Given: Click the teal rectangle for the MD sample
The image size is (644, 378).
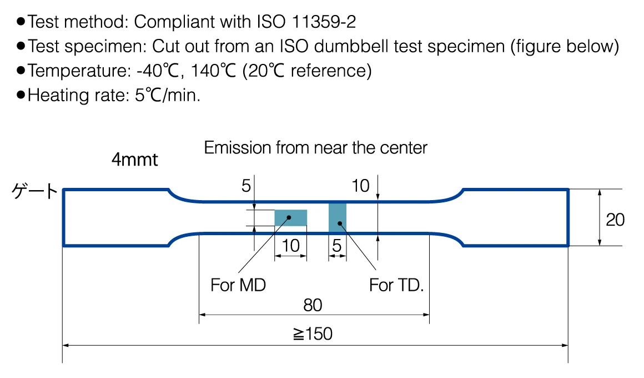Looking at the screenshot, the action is click(291, 217).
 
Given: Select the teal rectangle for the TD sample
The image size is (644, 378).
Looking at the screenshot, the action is click(337, 218).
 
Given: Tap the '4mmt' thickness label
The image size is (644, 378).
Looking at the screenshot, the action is click(135, 160).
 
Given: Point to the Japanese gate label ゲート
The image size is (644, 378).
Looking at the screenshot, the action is click(34, 191).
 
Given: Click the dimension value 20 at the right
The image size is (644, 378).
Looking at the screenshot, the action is click(615, 220).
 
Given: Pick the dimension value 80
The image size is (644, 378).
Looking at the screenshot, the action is click(313, 305).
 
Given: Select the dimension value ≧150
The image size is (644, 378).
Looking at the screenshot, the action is click(313, 334).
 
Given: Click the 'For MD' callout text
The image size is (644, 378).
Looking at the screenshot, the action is click(238, 285).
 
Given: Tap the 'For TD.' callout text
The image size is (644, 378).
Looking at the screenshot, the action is click(396, 285).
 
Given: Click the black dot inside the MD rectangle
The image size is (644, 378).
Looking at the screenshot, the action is click(289, 217).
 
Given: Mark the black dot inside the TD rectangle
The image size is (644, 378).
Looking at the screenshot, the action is click(340, 223).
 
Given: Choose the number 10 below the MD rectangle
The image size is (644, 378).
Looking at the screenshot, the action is click(290, 246).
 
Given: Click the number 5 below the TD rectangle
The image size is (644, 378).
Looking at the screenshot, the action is click(337, 246).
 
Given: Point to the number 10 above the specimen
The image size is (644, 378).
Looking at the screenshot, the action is click(360, 186).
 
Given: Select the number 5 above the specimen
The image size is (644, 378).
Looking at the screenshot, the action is click(245, 186).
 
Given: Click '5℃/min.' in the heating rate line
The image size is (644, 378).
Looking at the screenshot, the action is click(168, 95).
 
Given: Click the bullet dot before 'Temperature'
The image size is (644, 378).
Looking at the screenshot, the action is click(21, 71).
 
